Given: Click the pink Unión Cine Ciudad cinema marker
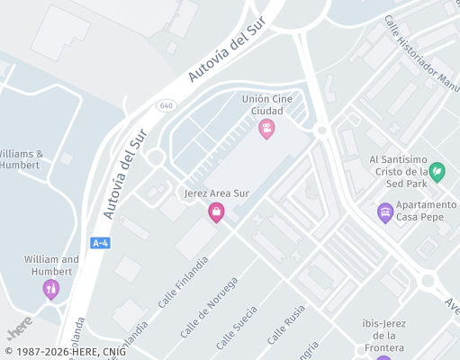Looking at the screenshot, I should [266, 129].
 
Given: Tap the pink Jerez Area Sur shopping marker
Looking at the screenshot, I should [216, 212].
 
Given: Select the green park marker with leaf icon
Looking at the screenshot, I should [437, 171].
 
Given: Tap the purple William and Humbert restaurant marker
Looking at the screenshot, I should [50, 289].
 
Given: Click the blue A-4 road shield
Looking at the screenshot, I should [101, 243].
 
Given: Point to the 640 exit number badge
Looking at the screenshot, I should [165, 105].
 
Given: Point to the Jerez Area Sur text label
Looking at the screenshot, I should [216, 193].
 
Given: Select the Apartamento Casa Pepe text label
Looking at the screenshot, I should [419, 211].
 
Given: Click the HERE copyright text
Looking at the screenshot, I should [66, 352].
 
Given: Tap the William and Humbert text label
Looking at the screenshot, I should [51, 265].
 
